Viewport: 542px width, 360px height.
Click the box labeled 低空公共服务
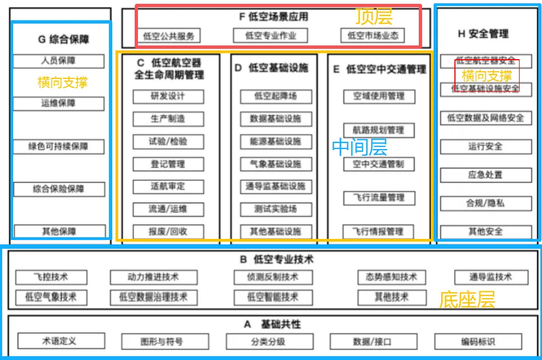pyautogui.click(x=169, y=36)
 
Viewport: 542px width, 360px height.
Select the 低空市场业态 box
pyautogui.click(x=373, y=36)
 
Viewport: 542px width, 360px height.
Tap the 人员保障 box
pyautogui.click(x=59, y=61)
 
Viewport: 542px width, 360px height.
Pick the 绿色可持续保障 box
pyautogui.click(x=59, y=147)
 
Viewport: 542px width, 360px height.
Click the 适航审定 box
pyautogui.click(x=168, y=186)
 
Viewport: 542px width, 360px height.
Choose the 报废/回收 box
pyautogui.click(x=168, y=231)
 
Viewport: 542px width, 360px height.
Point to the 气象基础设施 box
pyautogui.click(x=275, y=164)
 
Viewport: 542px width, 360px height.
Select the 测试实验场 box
pyautogui.click(x=275, y=209)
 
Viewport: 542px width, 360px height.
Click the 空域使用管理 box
pyautogui.click(x=379, y=96)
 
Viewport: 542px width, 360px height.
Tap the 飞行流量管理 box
pyautogui.click(x=379, y=198)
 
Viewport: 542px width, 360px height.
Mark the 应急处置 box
pyautogui.click(x=486, y=175)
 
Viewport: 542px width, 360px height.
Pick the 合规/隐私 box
pyautogui.click(x=486, y=203)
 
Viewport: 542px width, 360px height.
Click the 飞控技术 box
pyautogui.click(x=51, y=277)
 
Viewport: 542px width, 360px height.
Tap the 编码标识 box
pyautogui.click(x=478, y=341)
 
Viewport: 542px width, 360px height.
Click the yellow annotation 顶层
pyautogui.click(x=374, y=16)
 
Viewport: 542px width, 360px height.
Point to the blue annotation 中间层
pyautogui.click(x=360, y=147)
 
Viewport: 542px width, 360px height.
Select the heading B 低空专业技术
pyautogui.click(x=277, y=259)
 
